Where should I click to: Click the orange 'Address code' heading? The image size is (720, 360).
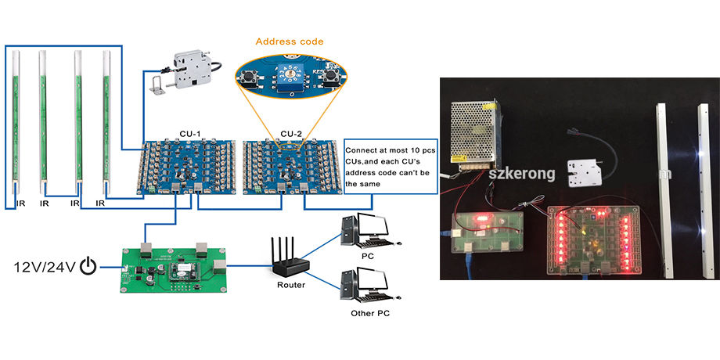(290, 41)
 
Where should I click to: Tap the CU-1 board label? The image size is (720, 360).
(189, 134)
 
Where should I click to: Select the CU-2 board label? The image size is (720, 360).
(292, 134)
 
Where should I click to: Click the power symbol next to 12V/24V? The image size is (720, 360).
(88, 266)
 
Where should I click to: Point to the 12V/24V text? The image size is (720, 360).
(45, 267)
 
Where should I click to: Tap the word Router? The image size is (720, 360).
(291, 285)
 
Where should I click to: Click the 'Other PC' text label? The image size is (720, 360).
(369, 314)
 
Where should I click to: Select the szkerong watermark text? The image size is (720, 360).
(522, 175)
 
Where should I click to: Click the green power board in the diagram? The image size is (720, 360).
(173, 270)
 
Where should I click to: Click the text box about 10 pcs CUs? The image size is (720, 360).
(391, 167)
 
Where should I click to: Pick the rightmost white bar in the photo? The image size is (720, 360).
(704, 191)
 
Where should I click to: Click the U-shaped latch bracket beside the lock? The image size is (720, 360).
(158, 86)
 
